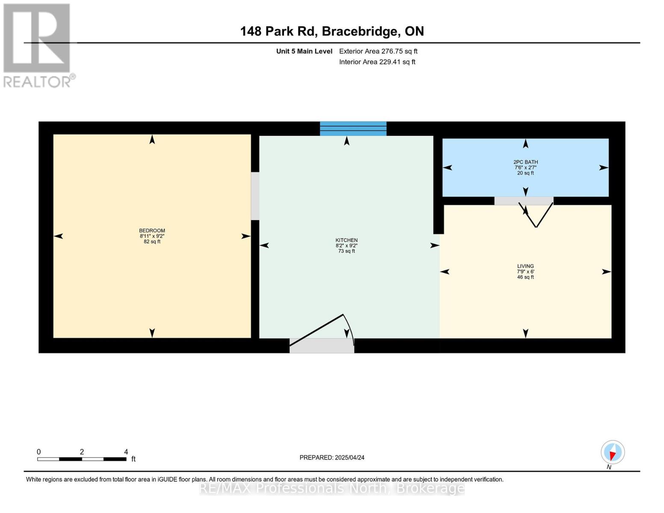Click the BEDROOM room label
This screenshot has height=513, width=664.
pos(152,230)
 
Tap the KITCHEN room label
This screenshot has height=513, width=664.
pos(346,240)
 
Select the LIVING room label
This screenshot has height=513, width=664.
pos(525,266)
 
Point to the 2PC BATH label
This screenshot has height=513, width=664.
pos(525,162)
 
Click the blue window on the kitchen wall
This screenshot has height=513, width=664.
pos(353,128)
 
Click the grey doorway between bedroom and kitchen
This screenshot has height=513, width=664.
pos(255,196)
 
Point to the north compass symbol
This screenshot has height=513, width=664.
pos(613,452)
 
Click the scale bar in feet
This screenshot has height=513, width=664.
pos(82,459)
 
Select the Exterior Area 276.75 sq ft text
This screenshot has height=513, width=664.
pos(378,51)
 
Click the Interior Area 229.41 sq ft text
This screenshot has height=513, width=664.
pos(377,62)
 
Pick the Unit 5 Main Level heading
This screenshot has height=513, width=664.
pos(304,51)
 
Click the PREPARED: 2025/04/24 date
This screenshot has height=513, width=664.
pos(332,457)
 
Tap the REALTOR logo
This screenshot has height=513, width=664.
pos(38,45)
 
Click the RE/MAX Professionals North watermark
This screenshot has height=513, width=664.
pos(332,488)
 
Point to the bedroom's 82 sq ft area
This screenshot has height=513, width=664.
pos(152,242)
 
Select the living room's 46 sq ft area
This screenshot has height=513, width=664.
pos(525,277)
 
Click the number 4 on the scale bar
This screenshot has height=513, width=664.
pos(126,451)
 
